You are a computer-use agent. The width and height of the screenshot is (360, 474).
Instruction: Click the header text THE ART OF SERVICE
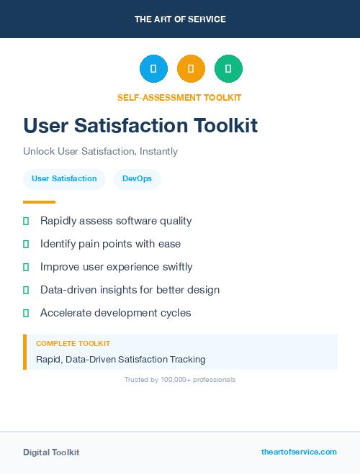coord(180,19)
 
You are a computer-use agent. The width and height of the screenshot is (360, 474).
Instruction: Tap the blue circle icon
coord(153,68)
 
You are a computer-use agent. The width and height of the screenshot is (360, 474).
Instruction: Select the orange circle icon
coord(191,68)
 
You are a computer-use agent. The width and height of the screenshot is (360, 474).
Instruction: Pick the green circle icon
coord(228,68)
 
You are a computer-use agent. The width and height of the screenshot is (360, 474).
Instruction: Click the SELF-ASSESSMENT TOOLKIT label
coord(179,97)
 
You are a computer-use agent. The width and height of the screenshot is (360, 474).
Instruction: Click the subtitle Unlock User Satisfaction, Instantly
coord(100,152)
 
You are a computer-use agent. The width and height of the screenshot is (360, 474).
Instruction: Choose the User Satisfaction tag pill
coord(64,179)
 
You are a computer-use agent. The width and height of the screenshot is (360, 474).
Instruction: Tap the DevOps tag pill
coord(137,179)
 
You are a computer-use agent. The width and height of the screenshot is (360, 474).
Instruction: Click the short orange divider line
coord(39,202)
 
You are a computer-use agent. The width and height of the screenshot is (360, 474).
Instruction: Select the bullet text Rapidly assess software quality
coord(116,221)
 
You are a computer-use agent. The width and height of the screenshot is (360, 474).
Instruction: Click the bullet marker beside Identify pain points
coord(26,244)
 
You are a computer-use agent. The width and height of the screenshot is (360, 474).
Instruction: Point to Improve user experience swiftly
coord(116,267)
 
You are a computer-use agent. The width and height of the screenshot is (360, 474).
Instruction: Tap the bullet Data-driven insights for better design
coord(130,290)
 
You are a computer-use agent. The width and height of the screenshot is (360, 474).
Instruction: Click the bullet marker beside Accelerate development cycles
coord(26,313)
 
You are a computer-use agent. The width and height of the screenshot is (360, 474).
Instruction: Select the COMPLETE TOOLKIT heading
coord(73,344)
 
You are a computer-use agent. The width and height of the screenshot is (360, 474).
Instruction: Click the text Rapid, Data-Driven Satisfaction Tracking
coord(120,359)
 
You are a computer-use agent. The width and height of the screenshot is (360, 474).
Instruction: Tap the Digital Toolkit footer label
coord(51,452)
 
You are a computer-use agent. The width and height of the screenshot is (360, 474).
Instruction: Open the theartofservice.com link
coord(299,452)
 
